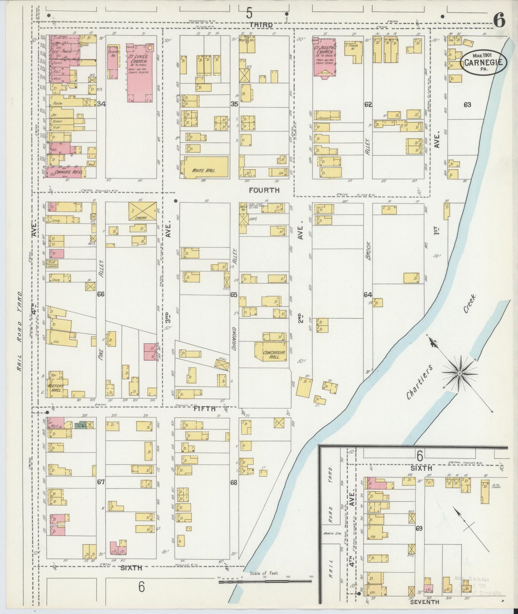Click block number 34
[101, 104]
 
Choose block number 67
[101, 482]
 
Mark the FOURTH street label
[264, 190]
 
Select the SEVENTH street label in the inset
[425, 602]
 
